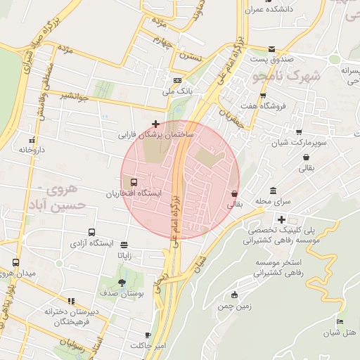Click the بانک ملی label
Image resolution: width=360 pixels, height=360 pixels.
click(x=177, y=91)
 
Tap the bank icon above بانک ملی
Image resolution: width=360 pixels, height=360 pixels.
click(x=177, y=80)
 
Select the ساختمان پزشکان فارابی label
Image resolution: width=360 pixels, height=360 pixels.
click(x=159, y=133)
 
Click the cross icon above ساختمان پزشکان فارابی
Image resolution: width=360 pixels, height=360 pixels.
click(x=155, y=124)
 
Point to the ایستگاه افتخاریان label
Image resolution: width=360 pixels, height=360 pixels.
click(x=136, y=193)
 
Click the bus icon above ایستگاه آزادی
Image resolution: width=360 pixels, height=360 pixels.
click(x=91, y=233)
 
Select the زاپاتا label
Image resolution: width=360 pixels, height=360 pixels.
click(x=124, y=256)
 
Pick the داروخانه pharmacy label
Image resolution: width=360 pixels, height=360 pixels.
click(x=32, y=150)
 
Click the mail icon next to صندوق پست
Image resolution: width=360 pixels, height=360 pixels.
click(x=271, y=49)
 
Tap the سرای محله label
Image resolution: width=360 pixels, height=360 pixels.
click(x=273, y=202)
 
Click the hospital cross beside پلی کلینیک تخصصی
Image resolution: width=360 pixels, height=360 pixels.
click(x=281, y=220)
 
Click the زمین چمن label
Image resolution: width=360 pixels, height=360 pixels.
click(x=235, y=307)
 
